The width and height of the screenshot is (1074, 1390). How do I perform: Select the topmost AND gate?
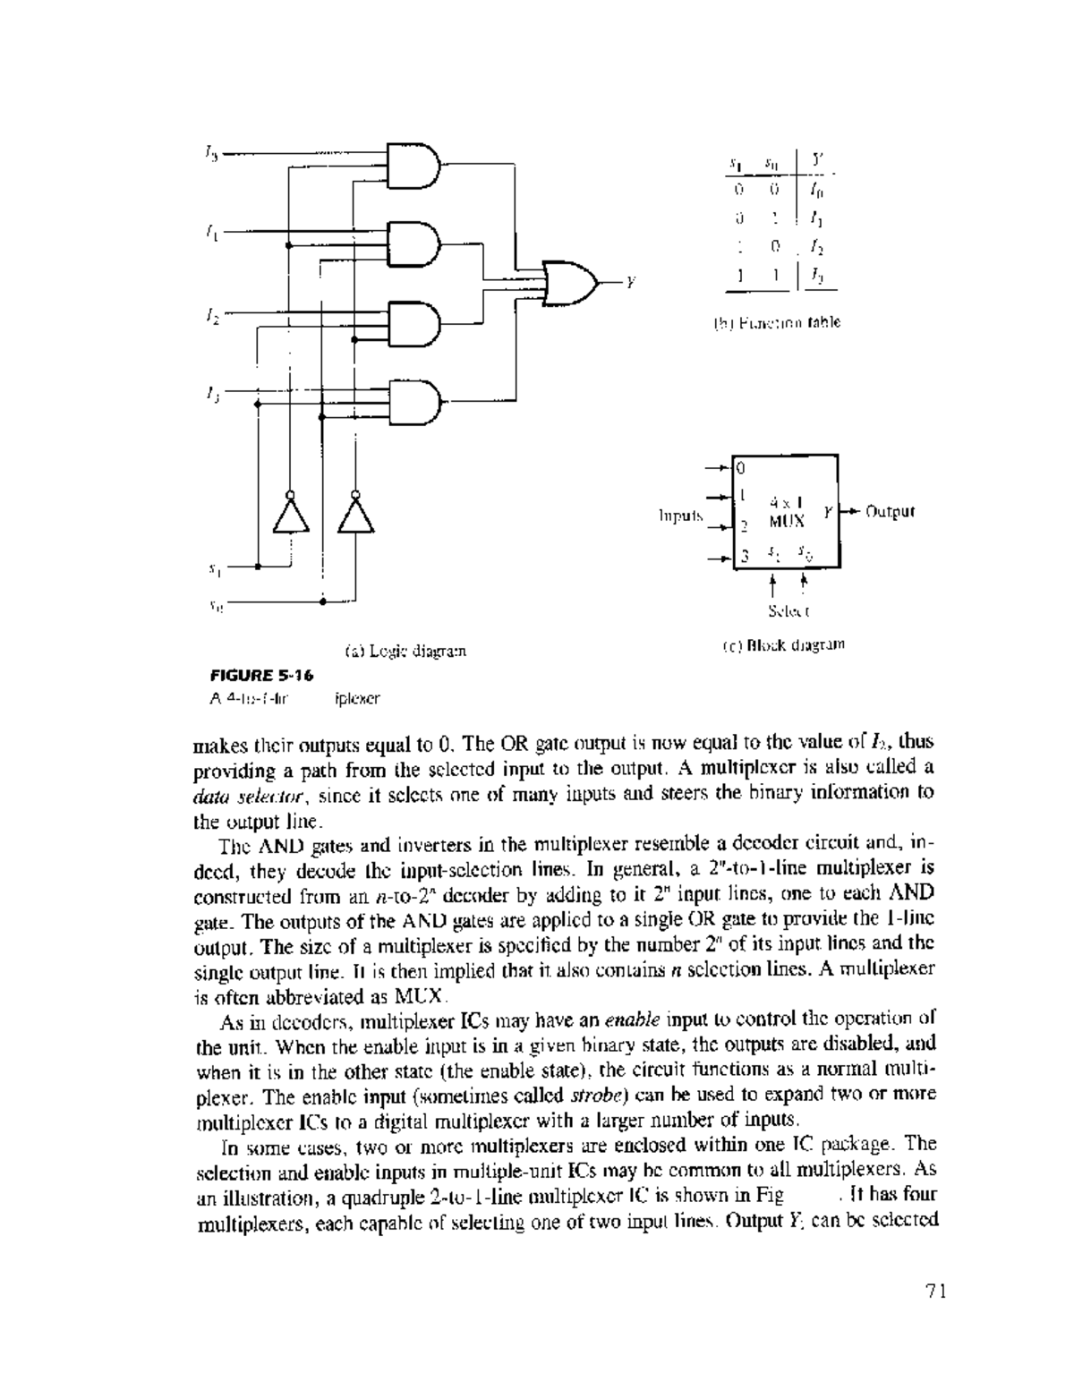[414, 164]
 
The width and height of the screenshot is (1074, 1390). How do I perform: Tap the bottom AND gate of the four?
[414, 400]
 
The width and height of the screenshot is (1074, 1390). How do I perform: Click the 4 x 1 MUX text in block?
[787, 511]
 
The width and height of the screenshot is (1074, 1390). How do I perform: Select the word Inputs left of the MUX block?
[680, 516]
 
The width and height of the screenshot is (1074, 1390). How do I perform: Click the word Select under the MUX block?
[788, 612]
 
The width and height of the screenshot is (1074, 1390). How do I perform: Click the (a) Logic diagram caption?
[405, 648]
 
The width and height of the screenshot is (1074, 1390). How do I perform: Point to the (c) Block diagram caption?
[782, 644]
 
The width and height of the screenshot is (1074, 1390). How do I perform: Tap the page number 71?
[936, 1291]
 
